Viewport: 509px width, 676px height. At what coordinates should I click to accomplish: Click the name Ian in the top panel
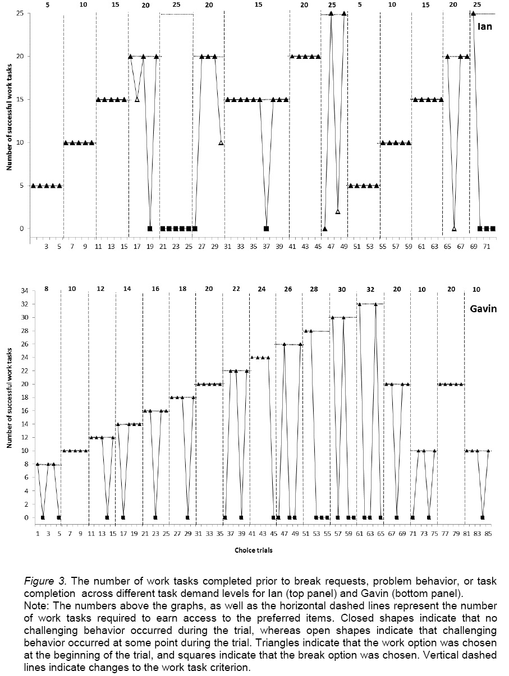coord(484,26)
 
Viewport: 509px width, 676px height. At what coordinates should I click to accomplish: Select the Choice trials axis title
coord(254,550)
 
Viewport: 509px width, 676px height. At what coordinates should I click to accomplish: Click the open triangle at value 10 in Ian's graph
coord(221,143)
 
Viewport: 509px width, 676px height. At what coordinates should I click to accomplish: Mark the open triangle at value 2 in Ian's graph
coord(338,211)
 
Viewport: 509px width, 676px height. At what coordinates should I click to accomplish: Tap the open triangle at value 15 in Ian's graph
coord(137,100)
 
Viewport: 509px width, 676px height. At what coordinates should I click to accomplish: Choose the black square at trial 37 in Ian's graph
coord(266,229)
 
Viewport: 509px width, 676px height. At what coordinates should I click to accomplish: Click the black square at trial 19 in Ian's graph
coord(150,229)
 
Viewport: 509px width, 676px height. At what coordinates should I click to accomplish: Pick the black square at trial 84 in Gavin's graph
coord(483,517)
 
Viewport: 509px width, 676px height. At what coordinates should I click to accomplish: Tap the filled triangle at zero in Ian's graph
coord(325,229)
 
